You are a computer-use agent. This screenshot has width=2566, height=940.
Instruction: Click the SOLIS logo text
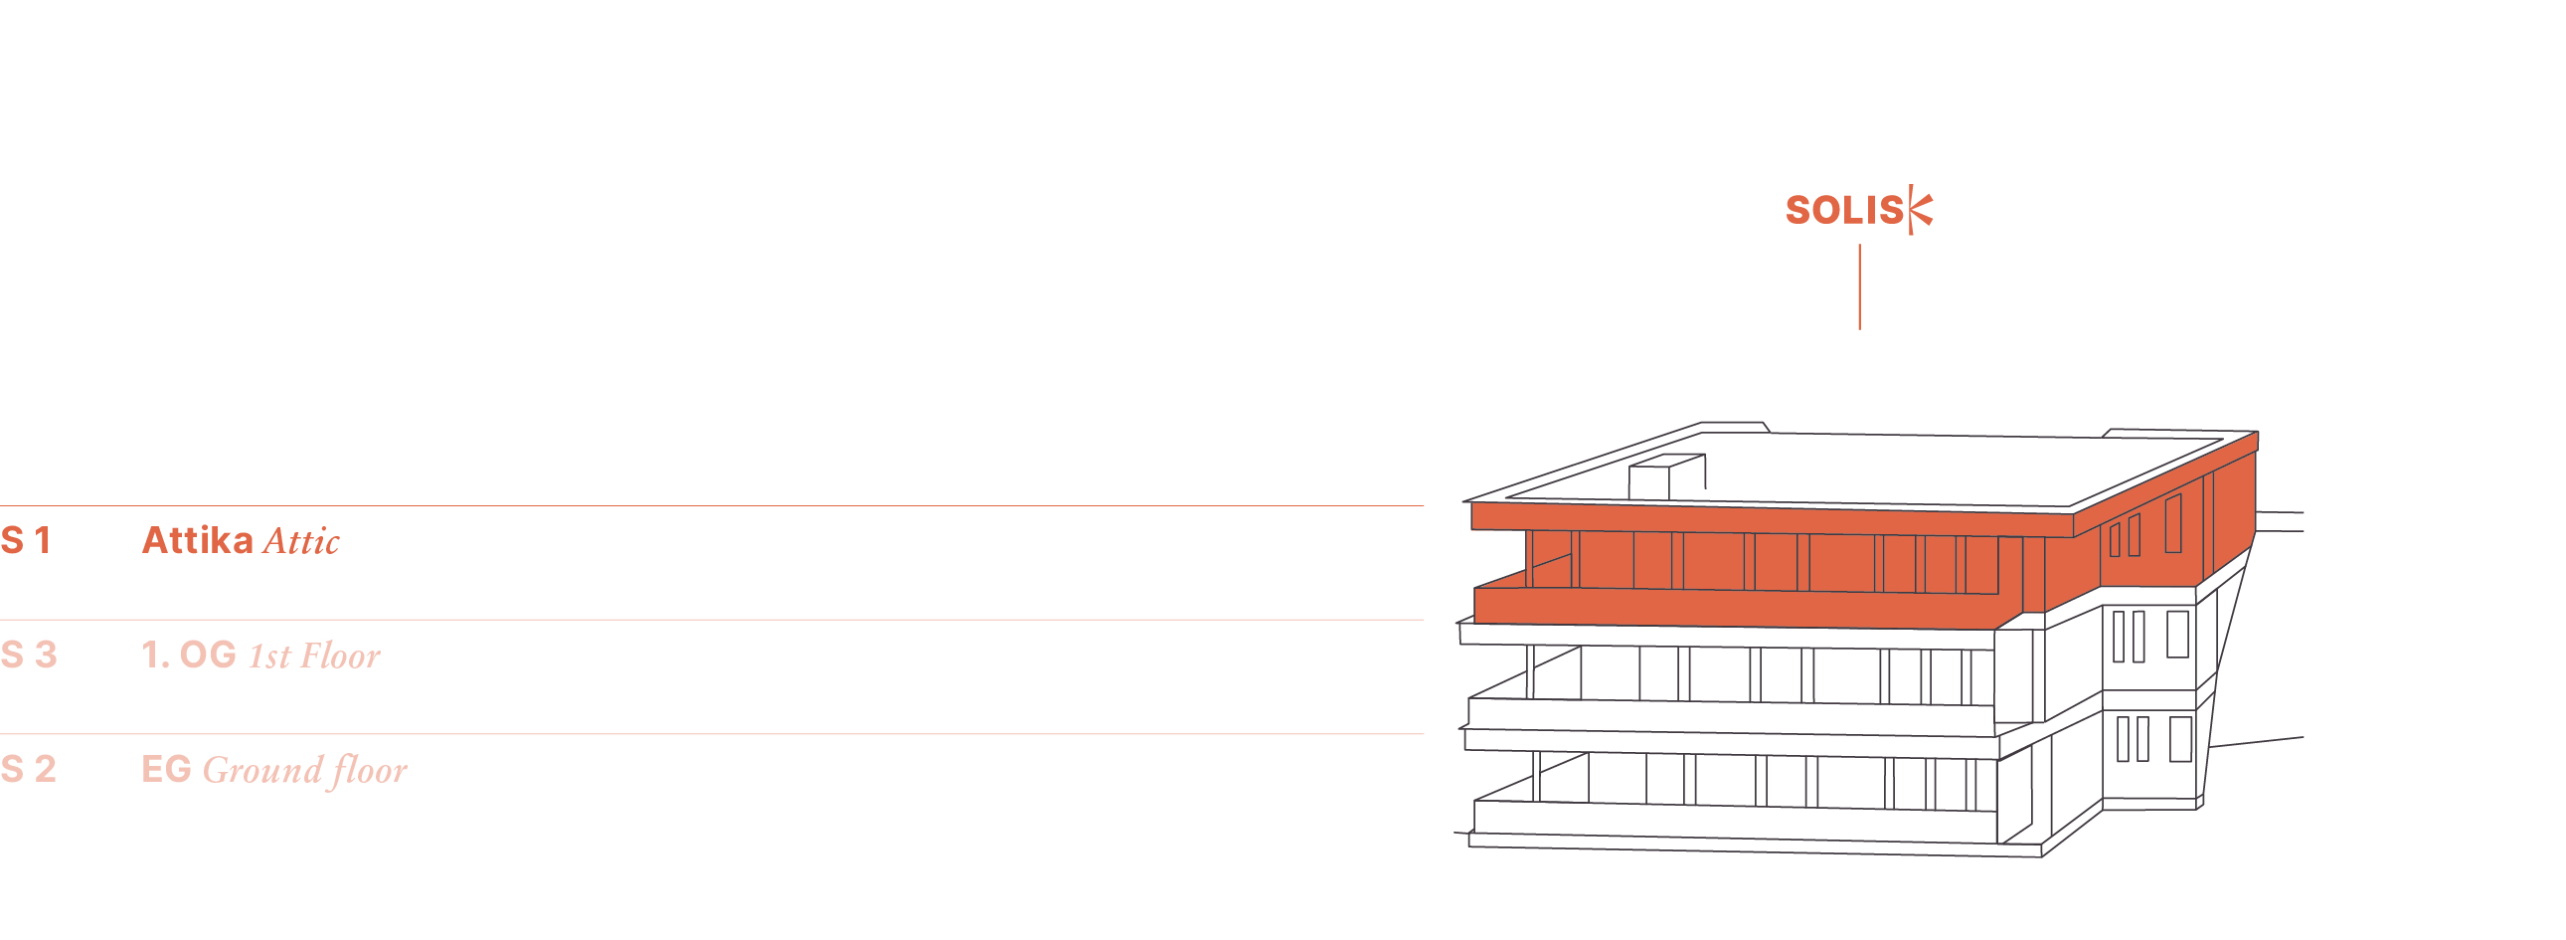pos(1844,210)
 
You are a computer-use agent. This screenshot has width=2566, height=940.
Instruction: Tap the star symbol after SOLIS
pos(1922,210)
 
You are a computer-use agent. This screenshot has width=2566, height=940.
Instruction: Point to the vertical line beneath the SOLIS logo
pos(1859,287)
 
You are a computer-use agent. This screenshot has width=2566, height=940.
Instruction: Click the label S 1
pos(26,541)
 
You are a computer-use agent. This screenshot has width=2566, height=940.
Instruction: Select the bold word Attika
pos(197,541)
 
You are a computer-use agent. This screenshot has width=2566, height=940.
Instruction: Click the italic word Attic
pos(301,542)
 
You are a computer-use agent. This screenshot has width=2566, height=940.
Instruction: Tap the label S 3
pos(29,656)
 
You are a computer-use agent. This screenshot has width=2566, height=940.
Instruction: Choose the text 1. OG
pos(189,656)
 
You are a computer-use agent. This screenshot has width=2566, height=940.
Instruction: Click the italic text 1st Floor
pos(314,657)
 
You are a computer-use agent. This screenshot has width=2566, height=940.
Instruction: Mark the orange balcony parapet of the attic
pos(1733,606)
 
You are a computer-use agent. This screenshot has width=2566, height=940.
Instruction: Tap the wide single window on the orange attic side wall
pos(2172,523)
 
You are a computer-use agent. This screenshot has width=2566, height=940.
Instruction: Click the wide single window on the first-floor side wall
pos(2177,635)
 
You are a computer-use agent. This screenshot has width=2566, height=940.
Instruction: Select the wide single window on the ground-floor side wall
pos(2180,740)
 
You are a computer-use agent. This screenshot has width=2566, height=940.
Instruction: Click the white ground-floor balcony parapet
pos(1733,821)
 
